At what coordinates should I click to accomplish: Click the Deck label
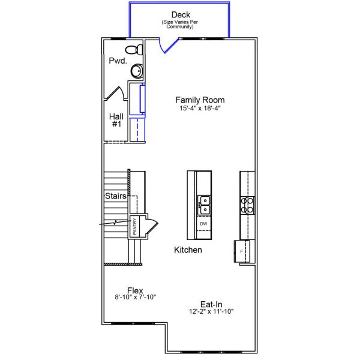180,14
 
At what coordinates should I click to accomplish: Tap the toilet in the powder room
133,50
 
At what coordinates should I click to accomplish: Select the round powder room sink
137,71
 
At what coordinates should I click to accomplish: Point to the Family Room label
200,100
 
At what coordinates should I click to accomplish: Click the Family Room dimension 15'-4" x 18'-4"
200,109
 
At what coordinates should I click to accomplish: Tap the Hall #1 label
116,120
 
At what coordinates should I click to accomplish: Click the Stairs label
115,196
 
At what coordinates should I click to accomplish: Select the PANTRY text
135,226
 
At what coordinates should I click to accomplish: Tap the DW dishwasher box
203,224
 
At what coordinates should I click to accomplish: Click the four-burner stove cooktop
247,206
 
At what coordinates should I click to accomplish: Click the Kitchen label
188,250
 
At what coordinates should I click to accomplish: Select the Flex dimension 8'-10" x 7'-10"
135,297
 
